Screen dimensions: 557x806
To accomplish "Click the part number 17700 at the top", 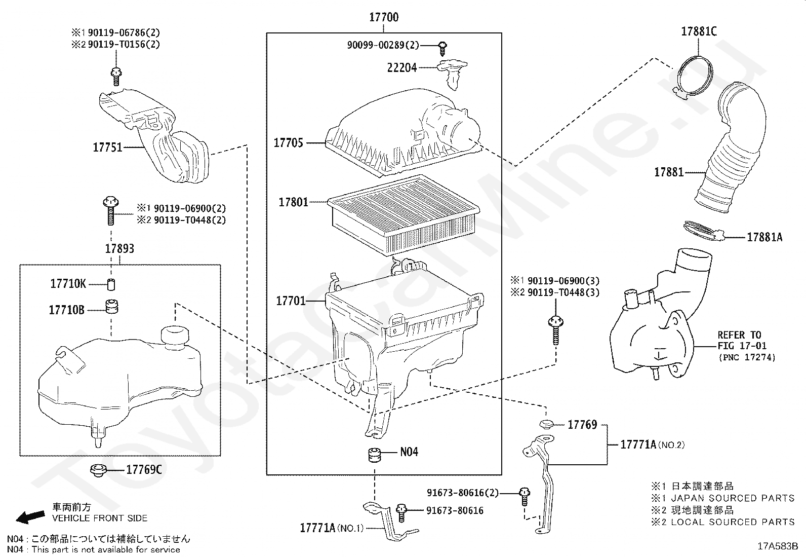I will pyautogui.click(x=383, y=17).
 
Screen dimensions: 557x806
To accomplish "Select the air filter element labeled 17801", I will pyautogui.click(x=404, y=215).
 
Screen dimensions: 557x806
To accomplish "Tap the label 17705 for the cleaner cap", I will pyautogui.click(x=288, y=143).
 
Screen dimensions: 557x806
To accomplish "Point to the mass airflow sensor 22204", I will pyautogui.click(x=452, y=70).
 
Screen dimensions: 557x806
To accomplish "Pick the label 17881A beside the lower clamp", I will pyautogui.click(x=764, y=237).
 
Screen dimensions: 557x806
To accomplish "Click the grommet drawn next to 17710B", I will pyautogui.click(x=111, y=307).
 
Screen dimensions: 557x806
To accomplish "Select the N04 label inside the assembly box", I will pyautogui.click(x=409, y=452).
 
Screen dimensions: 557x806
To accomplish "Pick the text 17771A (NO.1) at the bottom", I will pyautogui.click(x=332, y=528).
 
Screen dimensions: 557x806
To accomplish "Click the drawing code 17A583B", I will pyautogui.click(x=777, y=546).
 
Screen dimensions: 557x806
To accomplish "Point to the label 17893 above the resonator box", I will pyautogui.click(x=119, y=248).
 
